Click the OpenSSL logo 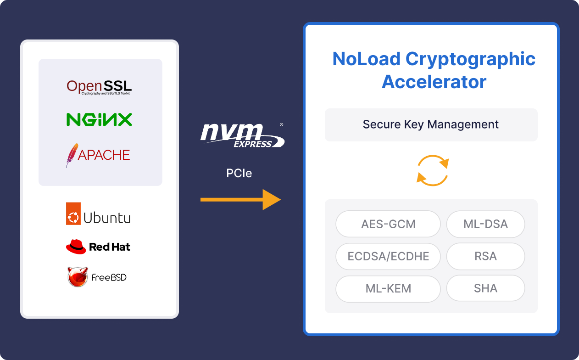(99, 86)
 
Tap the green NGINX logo (99, 120)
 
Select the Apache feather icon (72, 155)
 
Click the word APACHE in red (104, 155)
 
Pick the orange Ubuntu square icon (73, 214)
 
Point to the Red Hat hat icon (76, 247)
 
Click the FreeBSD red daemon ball (78, 277)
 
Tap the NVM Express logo (242, 135)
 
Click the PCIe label (239, 173)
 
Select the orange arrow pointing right (240, 199)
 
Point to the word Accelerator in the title (434, 82)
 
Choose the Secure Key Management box (431, 124)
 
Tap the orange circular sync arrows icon (432, 170)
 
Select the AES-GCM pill (388, 224)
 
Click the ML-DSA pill (485, 224)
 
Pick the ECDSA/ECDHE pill (388, 256)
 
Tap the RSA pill (485, 256)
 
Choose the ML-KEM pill (388, 289)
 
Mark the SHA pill (485, 288)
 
